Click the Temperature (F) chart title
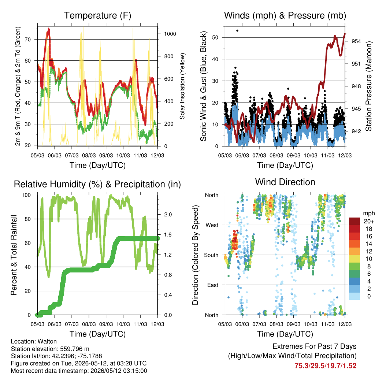click(x=97, y=15)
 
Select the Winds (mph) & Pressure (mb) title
click(x=285, y=15)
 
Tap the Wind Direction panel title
click(x=285, y=182)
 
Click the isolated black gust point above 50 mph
click(x=237, y=31)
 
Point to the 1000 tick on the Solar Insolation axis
click(x=170, y=34)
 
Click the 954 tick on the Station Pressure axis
click(x=356, y=41)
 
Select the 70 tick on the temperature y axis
click(x=28, y=40)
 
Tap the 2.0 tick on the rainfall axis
click(x=168, y=215)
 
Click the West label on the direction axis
click(x=212, y=225)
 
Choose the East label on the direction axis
click(x=213, y=285)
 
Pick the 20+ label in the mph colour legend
click(x=369, y=222)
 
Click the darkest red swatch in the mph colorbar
click(x=354, y=221)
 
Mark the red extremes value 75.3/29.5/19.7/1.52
click(x=325, y=366)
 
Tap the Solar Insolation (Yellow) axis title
click(x=182, y=86)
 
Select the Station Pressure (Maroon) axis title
click(x=368, y=86)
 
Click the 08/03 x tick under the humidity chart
click(x=89, y=324)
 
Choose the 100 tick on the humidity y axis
click(x=26, y=195)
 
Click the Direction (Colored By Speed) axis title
click(x=195, y=255)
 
